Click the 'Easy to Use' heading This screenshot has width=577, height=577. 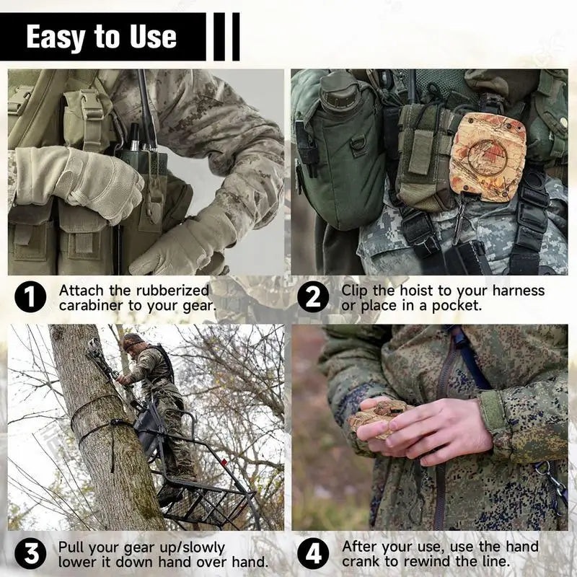(101, 36)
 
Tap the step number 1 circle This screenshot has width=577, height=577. (30, 297)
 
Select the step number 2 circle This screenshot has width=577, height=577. (313, 297)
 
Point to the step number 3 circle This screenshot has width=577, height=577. (30, 554)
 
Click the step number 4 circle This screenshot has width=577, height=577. (313, 554)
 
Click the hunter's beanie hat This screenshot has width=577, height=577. (133, 340)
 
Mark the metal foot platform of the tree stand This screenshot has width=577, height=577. (209, 505)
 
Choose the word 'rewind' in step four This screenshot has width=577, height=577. (454, 562)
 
